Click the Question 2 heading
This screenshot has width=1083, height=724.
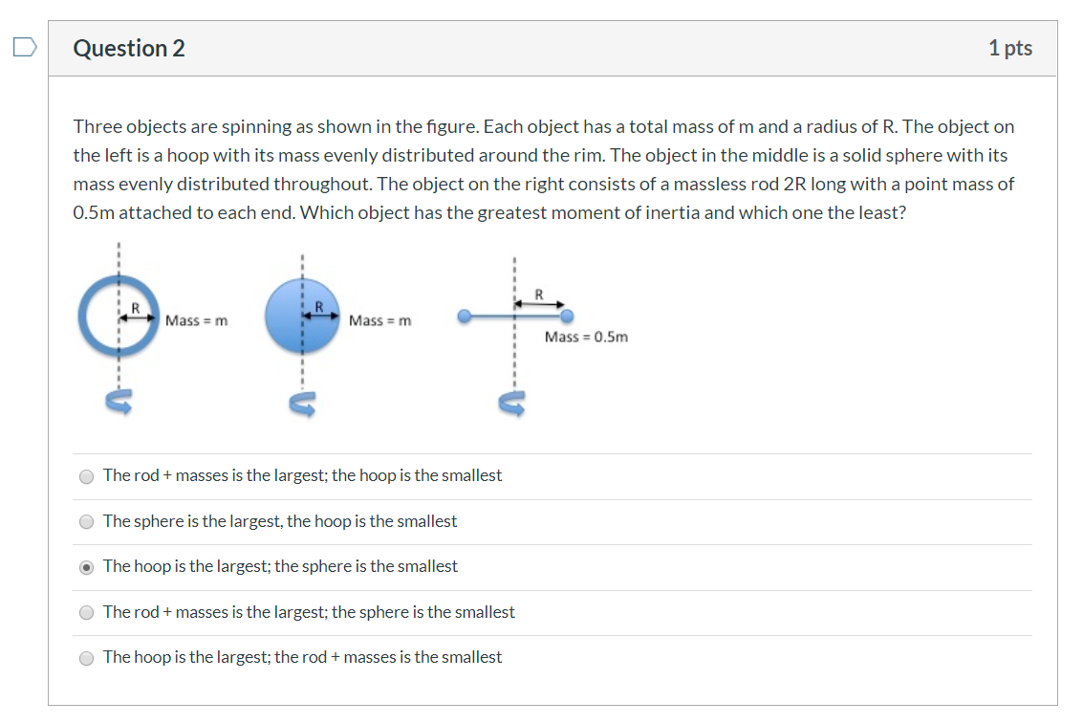[129, 49]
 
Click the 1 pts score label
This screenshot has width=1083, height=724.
[1010, 48]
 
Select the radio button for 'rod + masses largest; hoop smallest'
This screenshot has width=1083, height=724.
[87, 476]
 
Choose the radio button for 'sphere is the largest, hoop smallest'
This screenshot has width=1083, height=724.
[87, 522]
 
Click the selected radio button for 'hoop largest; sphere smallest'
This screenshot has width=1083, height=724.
[87, 567]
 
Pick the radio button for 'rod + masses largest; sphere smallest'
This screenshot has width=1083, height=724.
[87, 613]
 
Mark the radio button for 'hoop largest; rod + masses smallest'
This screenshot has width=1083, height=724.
[87, 658]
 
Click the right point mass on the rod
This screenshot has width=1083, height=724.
[567, 316]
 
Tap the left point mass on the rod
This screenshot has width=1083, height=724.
[465, 316]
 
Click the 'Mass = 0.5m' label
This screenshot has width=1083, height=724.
[586, 337]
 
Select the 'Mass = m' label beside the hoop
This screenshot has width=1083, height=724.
[197, 320]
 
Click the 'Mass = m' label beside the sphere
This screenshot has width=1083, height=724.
[380, 320]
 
